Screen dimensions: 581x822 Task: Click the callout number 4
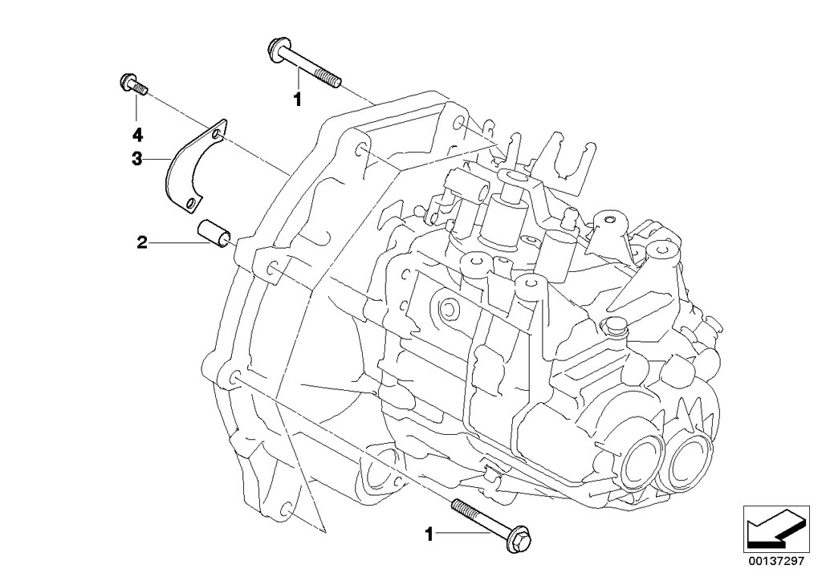pos(137,132)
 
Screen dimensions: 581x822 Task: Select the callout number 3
pos(137,159)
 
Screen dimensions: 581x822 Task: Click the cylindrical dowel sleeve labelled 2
pos(215,231)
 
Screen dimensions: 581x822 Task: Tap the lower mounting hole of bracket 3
pos(189,204)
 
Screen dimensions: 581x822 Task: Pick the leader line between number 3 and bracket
pos(157,160)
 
